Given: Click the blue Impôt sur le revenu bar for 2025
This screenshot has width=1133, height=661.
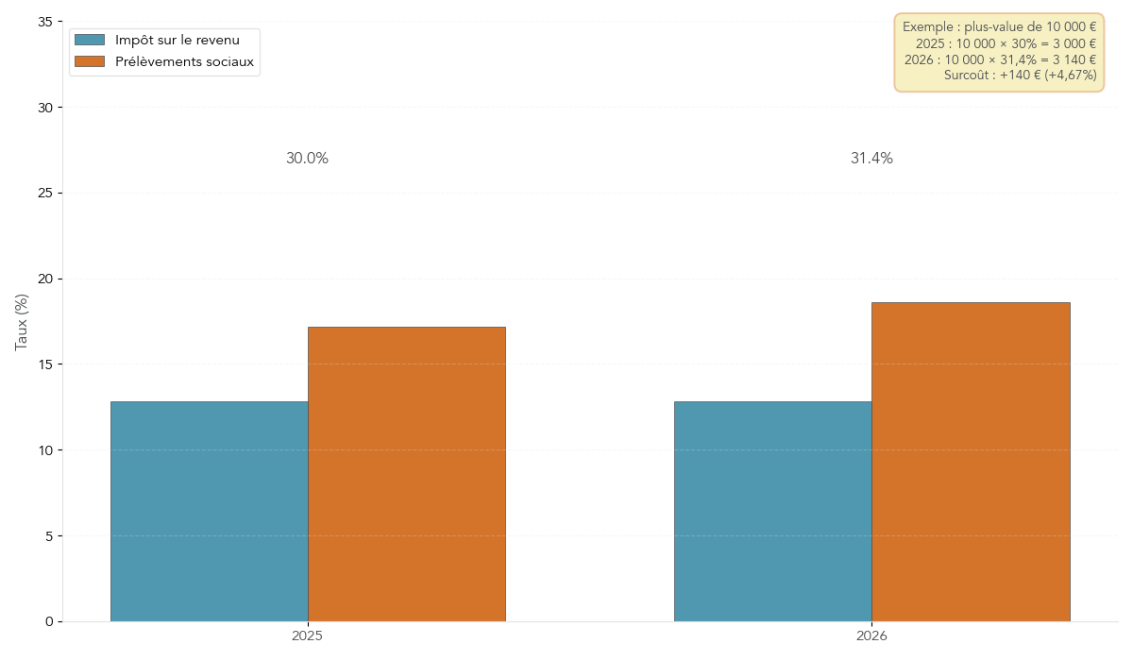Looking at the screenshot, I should [209, 511].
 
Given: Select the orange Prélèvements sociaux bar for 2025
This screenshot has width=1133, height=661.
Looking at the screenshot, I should [406, 474].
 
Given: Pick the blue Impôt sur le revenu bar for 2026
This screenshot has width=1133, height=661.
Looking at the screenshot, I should [772, 511].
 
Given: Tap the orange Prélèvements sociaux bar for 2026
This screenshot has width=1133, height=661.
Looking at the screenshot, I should [971, 462].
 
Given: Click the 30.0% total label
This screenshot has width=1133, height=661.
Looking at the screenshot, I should [307, 159].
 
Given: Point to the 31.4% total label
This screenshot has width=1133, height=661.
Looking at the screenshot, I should [871, 159].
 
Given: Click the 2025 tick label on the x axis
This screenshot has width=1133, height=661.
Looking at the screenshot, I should [307, 636].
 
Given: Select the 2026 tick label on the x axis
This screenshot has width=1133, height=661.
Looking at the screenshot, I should [871, 636].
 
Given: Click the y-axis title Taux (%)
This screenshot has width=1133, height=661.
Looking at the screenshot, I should [22, 321].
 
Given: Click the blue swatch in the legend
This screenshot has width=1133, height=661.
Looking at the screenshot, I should [90, 40].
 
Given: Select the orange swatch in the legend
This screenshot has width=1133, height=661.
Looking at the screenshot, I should [90, 61].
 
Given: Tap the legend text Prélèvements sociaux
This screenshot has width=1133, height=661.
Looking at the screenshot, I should [184, 61].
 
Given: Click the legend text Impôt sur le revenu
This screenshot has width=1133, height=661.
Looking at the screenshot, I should [177, 40].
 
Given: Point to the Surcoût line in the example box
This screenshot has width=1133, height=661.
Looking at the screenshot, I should [1020, 76].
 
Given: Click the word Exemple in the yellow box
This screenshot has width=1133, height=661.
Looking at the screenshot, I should [928, 27].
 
